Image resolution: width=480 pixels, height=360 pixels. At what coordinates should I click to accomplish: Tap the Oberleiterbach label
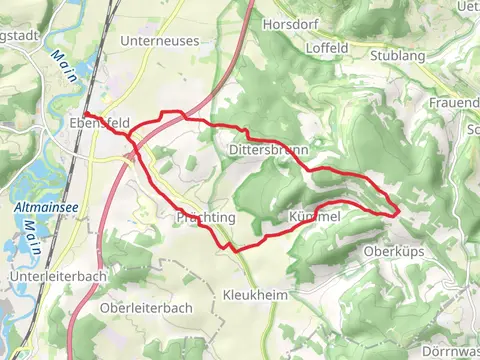point(146,308)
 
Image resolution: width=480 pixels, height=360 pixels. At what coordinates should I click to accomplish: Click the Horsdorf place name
point(288,23)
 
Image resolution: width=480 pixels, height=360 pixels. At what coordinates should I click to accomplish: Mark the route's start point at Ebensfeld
point(86,114)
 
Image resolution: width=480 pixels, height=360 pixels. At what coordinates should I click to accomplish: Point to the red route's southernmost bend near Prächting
point(232,247)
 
